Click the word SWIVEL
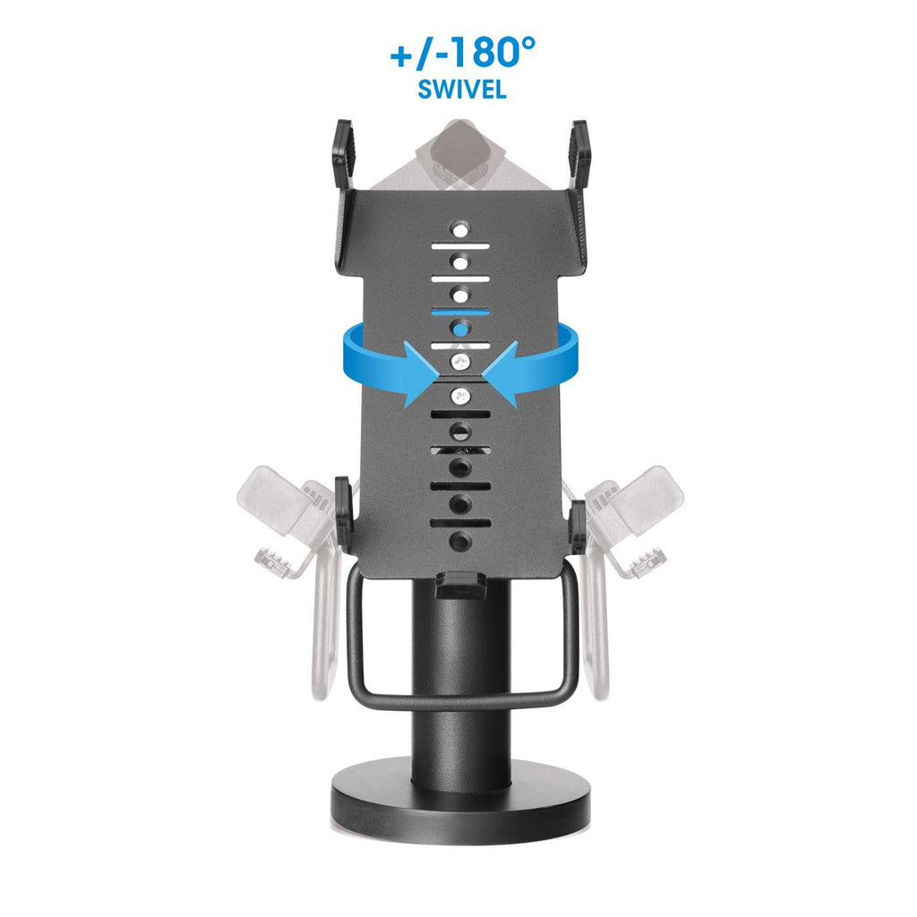(x=462, y=89)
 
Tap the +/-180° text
(x=463, y=52)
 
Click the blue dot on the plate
(x=461, y=330)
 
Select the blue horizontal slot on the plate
(x=461, y=312)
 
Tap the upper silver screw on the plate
(x=461, y=363)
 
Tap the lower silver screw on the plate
(x=461, y=397)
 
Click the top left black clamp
(x=344, y=153)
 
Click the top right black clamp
(x=579, y=153)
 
